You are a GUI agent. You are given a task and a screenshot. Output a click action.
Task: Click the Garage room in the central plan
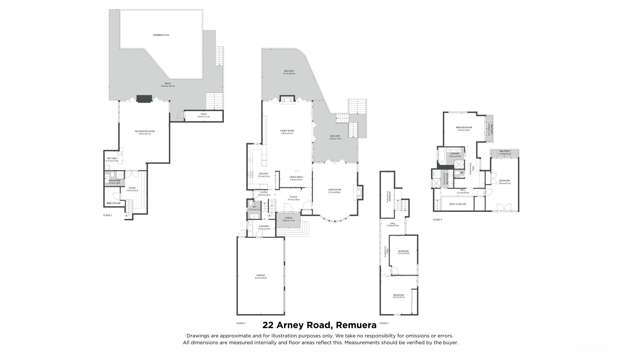(x=259, y=277)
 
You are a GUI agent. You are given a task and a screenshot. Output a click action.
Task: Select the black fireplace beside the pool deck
(x=143, y=99)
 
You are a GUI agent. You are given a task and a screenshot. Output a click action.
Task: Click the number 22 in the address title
(x=268, y=324)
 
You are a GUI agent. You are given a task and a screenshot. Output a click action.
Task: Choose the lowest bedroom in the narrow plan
(x=399, y=296)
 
